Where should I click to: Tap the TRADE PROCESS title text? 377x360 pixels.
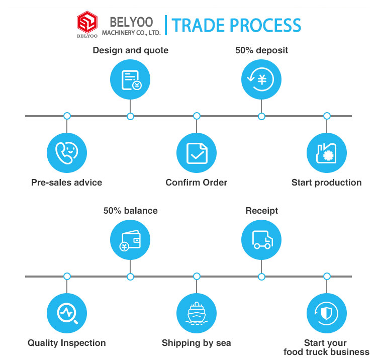236,25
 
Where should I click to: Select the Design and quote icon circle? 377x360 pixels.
130,79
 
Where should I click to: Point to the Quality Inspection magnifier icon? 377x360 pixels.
67,313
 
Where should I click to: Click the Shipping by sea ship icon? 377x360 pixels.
197,313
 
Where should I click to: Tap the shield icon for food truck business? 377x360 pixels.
327,313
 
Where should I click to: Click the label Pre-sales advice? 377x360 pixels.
67,183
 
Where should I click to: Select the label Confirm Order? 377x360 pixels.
197,183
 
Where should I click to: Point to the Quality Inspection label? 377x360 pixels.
67,343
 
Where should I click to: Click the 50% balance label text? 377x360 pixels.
130,211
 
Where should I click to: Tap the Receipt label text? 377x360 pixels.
261,211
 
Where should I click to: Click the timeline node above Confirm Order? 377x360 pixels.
197,116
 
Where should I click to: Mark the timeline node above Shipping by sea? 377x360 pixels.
197,277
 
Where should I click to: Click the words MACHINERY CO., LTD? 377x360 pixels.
131,33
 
